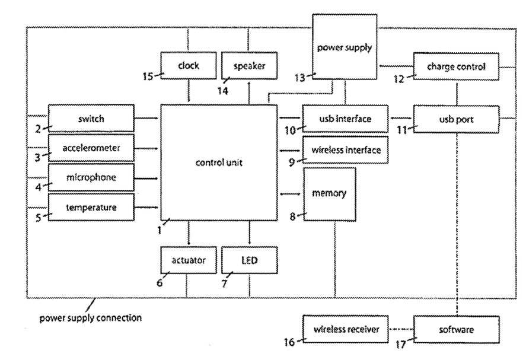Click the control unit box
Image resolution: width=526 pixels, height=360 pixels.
click(218, 162)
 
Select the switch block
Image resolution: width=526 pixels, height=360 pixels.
click(91, 119)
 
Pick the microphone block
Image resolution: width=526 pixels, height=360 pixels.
click(91, 177)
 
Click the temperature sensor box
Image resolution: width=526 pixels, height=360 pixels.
click(91, 208)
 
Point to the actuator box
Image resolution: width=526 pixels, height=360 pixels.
click(188, 260)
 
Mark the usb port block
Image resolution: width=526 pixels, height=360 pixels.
click(455, 119)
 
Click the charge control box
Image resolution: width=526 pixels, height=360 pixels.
click(455, 67)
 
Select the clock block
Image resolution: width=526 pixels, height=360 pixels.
click(188, 66)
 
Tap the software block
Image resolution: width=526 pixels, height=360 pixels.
click(455, 329)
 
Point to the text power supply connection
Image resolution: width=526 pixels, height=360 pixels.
click(90, 317)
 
